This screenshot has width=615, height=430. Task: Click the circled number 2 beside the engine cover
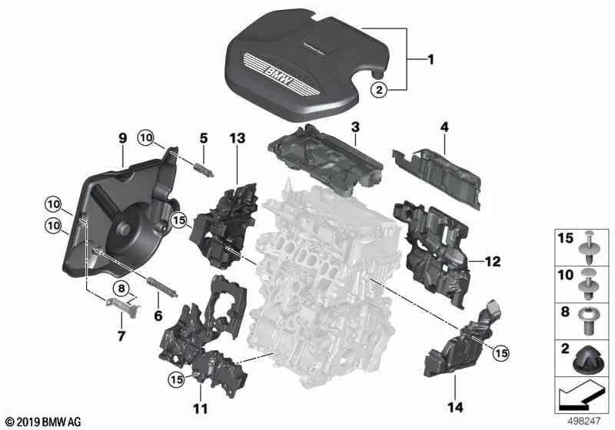coord(379,91)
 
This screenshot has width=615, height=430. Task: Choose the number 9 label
coord(122,139)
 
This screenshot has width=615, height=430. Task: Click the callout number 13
coord(236,139)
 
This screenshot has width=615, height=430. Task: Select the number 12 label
coord(492,262)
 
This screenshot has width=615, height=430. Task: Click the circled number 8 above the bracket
coord(121,288)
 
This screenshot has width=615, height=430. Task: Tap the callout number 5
coord(203,139)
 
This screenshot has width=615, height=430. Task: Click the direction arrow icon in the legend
coord(582,399)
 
